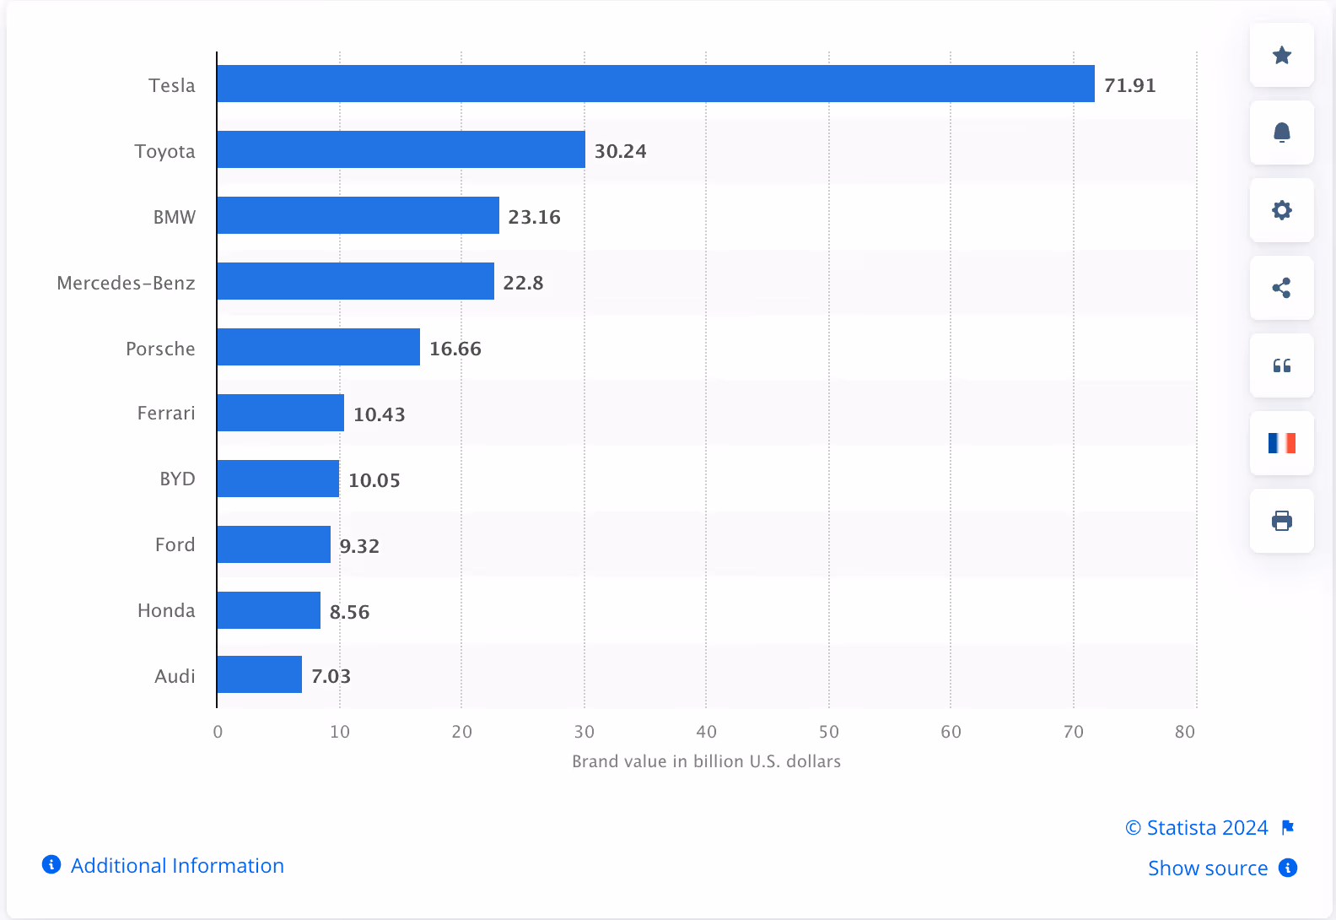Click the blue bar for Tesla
(x=655, y=84)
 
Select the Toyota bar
(x=401, y=149)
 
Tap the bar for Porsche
(x=318, y=347)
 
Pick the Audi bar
(x=259, y=674)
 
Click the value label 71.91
(x=1129, y=85)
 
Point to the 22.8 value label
(x=523, y=283)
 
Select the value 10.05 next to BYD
(x=374, y=480)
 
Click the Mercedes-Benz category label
(x=126, y=283)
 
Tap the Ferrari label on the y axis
(x=166, y=413)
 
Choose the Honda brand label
(x=166, y=610)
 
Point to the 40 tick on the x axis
(x=706, y=732)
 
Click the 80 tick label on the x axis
(x=1184, y=732)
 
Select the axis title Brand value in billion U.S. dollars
(x=706, y=761)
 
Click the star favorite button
(x=1281, y=55)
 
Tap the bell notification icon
(x=1281, y=133)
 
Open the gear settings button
(x=1281, y=210)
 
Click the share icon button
(x=1281, y=288)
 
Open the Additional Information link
(x=176, y=865)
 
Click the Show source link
(x=1207, y=868)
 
